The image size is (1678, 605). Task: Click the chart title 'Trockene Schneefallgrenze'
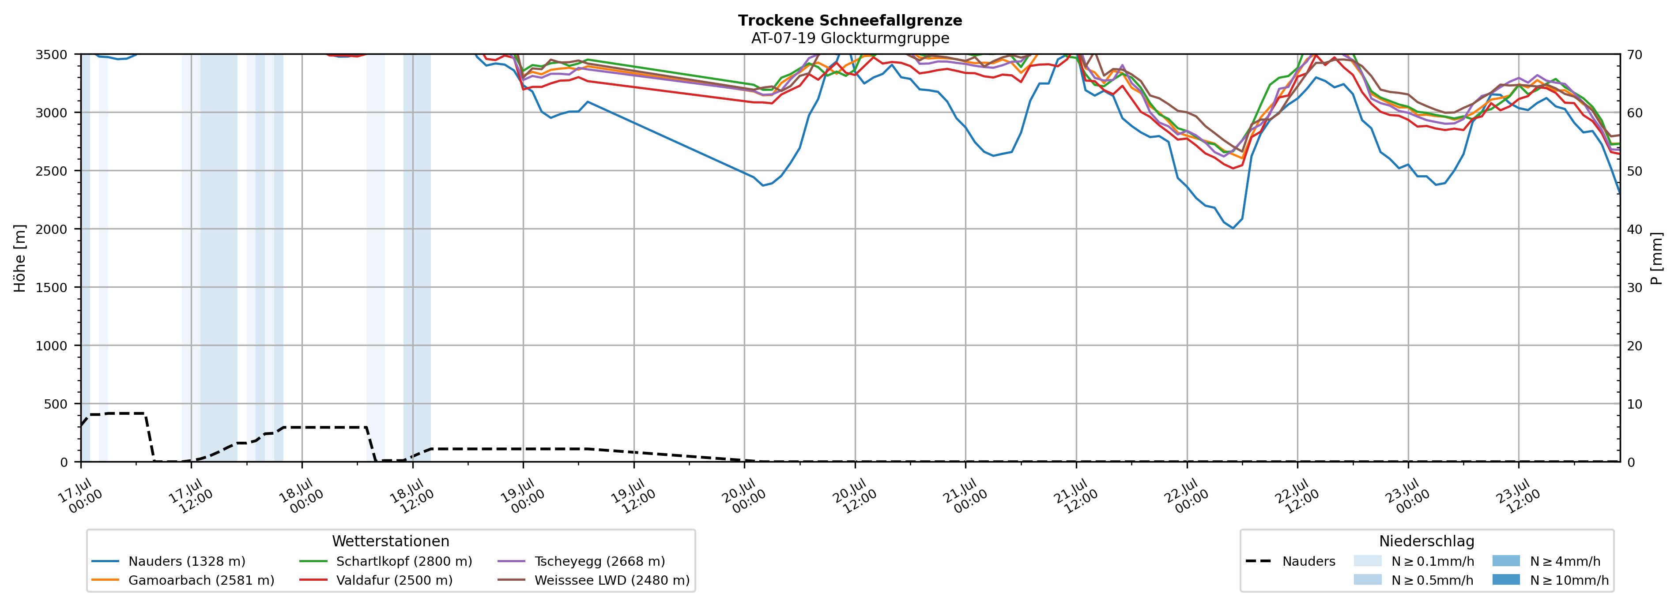tap(850, 20)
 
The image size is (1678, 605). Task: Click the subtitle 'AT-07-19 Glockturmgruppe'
tap(850, 38)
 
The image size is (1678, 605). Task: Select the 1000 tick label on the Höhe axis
tap(52, 346)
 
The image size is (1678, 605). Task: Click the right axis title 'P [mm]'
tap(1656, 259)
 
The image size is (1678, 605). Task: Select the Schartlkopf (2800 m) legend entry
tap(386, 561)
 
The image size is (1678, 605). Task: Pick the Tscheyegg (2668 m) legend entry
tap(581, 561)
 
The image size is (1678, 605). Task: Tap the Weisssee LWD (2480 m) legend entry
tap(593, 580)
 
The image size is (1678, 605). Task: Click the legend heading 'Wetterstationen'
tap(390, 541)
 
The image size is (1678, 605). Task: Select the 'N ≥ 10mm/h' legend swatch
tap(1506, 579)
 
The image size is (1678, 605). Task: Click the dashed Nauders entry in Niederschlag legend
tap(1290, 561)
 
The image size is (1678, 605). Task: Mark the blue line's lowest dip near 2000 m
tap(1233, 228)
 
